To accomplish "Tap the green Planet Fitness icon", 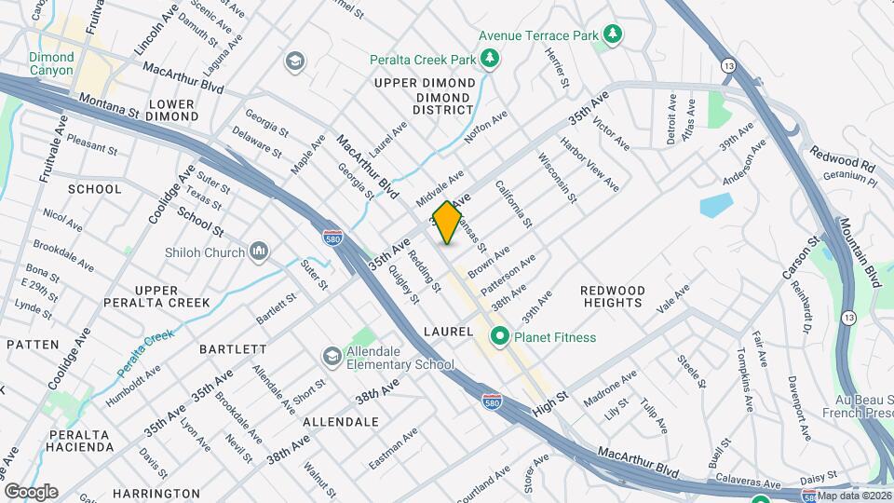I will (x=499, y=337).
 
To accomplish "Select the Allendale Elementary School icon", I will (x=332, y=356).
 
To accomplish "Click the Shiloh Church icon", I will (x=259, y=251).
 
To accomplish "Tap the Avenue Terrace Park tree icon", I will (x=613, y=35).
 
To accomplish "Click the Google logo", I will (x=31, y=491).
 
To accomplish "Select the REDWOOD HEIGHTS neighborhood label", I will (x=613, y=296).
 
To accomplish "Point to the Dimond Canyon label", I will (x=51, y=63).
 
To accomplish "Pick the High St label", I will (x=550, y=407).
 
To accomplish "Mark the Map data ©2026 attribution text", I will (x=855, y=496).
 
